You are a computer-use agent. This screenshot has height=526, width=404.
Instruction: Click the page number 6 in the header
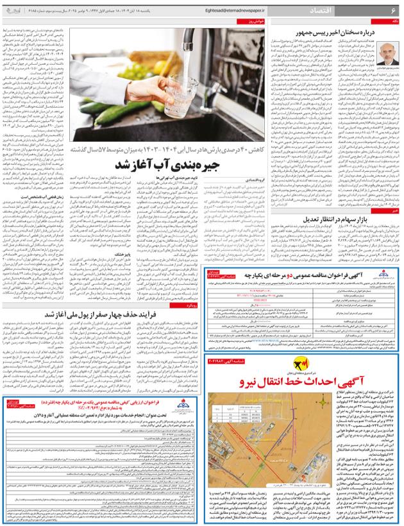[x=392, y=11]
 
